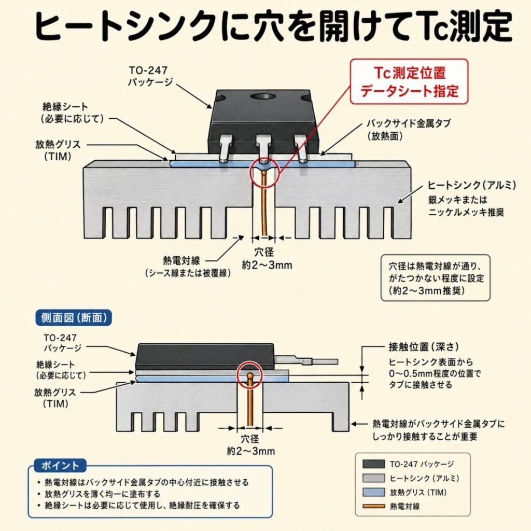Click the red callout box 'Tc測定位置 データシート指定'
409,82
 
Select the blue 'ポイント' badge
57,465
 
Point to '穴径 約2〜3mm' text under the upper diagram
264,259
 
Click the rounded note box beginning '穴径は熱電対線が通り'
436,278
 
